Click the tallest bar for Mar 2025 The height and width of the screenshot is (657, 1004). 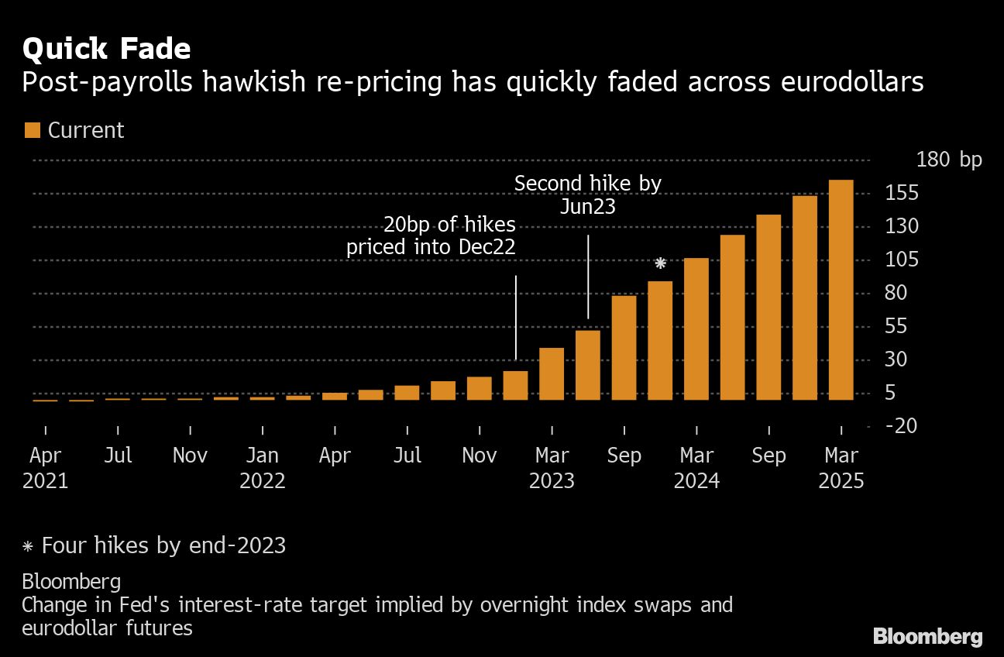(x=841, y=290)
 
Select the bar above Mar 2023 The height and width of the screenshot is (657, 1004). (x=552, y=374)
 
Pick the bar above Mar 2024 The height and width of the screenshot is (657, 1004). (x=696, y=329)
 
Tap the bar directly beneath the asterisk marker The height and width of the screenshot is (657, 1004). (x=660, y=341)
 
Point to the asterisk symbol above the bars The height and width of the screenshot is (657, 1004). (x=660, y=263)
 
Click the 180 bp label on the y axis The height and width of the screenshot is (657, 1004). (x=948, y=160)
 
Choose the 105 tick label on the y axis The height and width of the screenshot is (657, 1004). (x=900, y=260)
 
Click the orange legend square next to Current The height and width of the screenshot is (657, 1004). (x=32, y=130)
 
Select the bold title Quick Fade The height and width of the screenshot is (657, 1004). (x=106, y=49)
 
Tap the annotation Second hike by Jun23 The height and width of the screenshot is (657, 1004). (x=588, y=194)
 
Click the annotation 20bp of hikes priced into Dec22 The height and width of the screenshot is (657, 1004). (x=431, y=236)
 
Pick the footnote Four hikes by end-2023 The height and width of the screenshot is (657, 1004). (x=154, y=545)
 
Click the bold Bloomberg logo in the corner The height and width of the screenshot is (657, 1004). (x=927, y=637)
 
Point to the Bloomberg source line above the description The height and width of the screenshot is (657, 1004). (x=71, y=581)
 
